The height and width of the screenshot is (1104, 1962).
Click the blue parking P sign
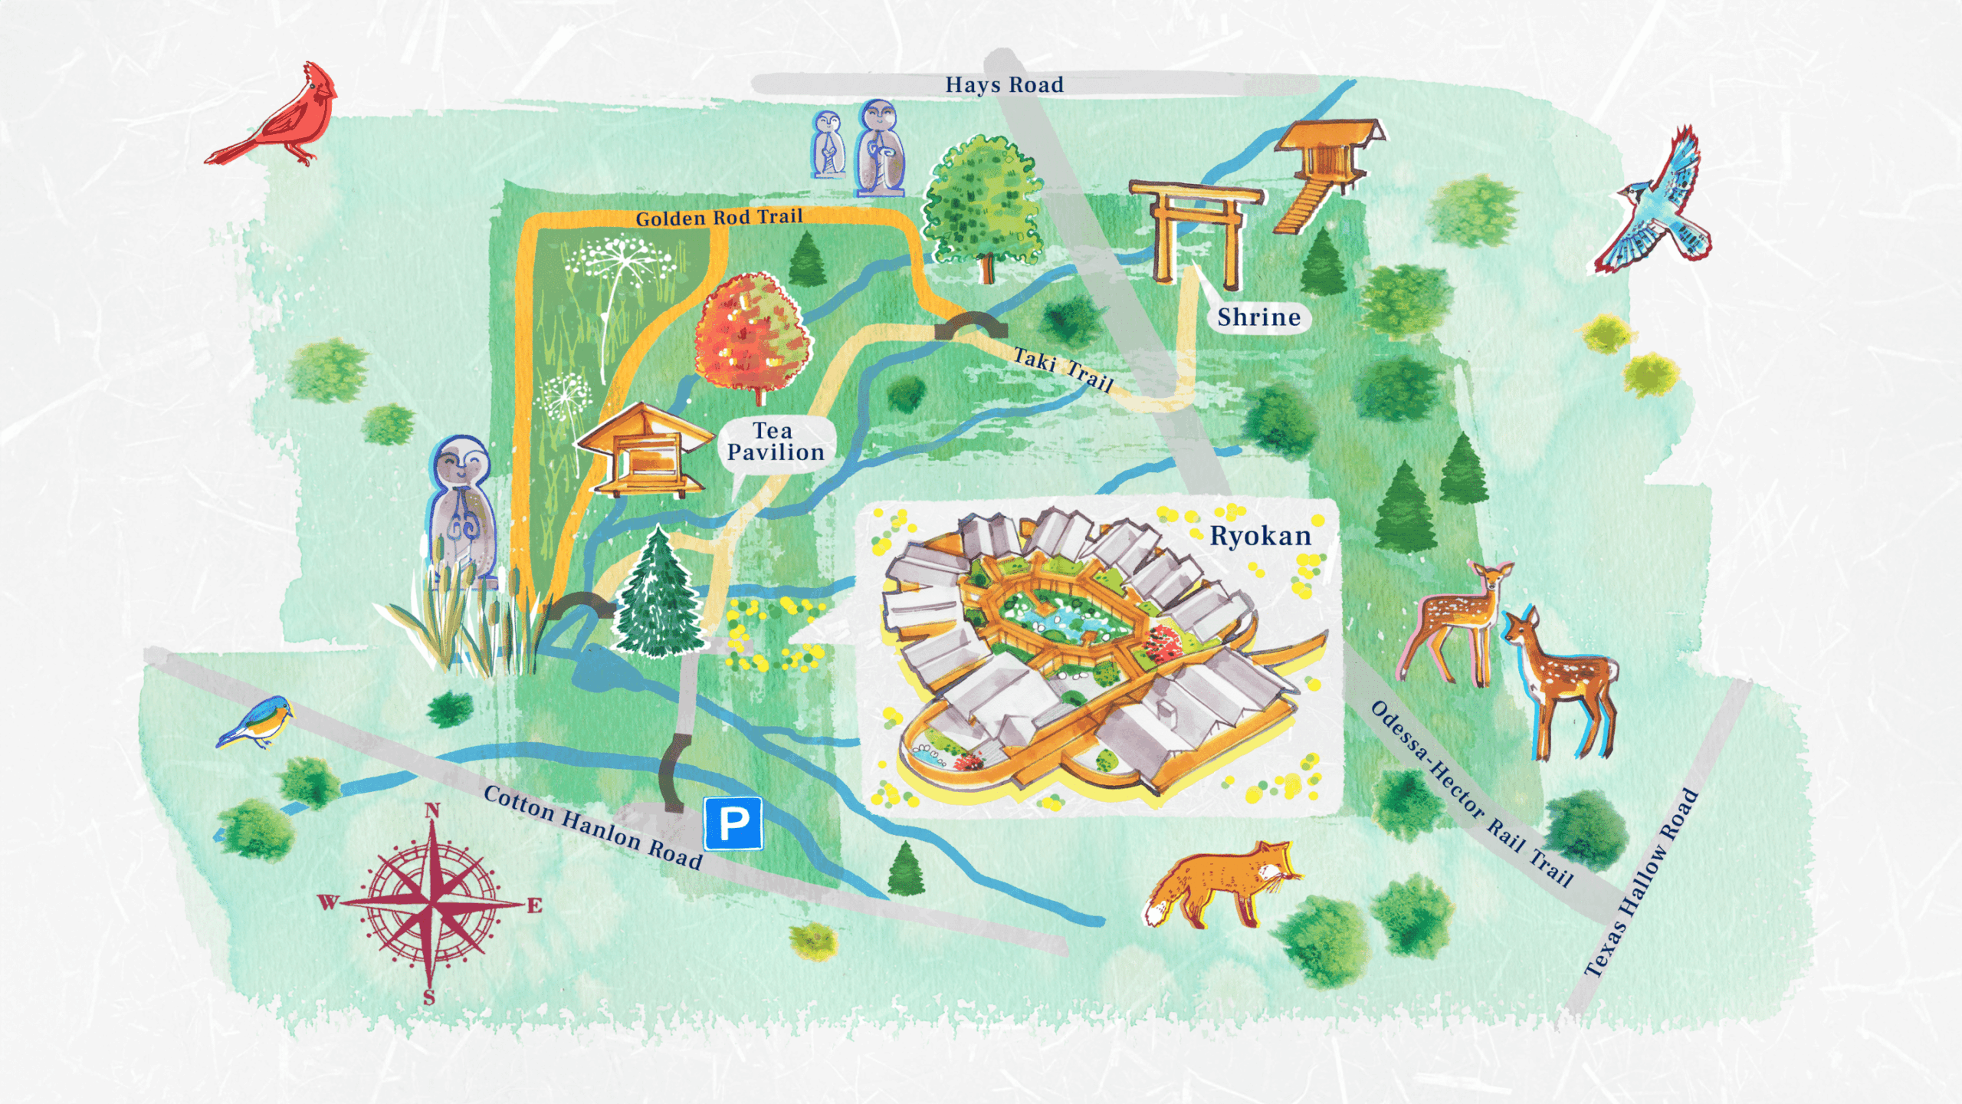click(733, 823)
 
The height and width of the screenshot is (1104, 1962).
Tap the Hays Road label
click(1004, 85)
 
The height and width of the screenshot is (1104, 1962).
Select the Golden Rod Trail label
click(719, 218)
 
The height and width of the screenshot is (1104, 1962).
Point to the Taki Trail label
click(1063, 369)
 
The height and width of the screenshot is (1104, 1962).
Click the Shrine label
click(1258, 317)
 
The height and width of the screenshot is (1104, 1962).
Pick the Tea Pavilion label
click(775, 442)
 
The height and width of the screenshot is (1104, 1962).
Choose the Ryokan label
click(1260, 536)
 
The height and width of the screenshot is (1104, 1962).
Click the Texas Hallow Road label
click(1642, 882)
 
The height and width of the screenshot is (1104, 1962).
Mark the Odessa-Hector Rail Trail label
click(1471, 794)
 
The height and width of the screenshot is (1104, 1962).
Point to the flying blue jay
click(1663, 207)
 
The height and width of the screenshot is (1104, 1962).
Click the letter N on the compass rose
click(432, 810)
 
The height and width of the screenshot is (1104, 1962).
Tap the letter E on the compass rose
click(534, 905)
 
